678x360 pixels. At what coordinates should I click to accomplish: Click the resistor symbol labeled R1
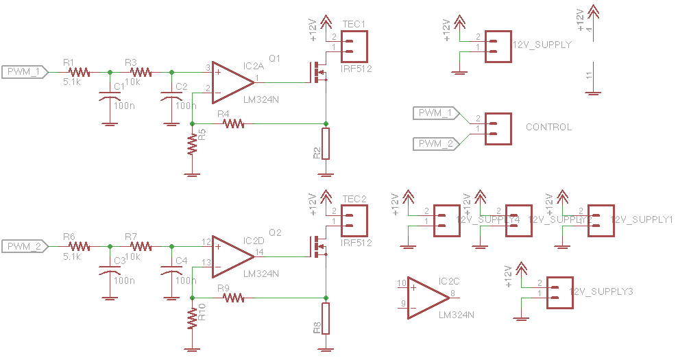(79, 71)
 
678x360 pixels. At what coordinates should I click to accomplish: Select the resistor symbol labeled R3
(141, 71)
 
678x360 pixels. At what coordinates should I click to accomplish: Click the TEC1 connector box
(353, 47)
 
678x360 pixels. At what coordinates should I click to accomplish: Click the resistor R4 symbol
(232, 123)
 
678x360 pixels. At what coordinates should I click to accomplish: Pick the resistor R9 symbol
(232, 298)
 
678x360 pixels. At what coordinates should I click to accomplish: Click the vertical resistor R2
(326, 142)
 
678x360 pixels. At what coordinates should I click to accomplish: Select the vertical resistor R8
(326, 317)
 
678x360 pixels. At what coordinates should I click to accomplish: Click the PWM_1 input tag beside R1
(25, 71)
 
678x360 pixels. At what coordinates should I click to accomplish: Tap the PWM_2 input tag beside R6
(25, 245)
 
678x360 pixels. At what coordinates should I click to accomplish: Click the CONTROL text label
(548, 128)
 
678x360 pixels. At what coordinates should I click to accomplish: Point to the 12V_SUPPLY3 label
(601, 292)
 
